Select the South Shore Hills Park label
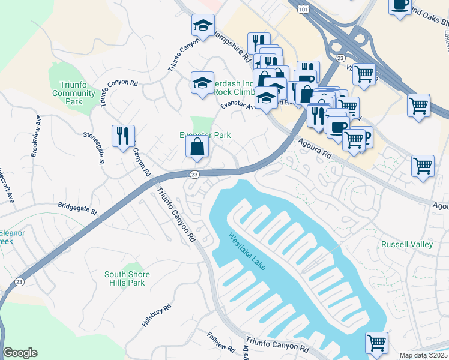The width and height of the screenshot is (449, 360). pos(127,278)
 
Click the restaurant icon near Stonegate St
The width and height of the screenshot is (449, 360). pos(123,135)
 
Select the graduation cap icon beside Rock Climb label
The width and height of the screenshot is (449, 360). pos(202,83)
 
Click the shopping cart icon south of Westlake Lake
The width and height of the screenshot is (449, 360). pos(376,343)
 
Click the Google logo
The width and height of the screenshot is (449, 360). pos(20,353)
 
